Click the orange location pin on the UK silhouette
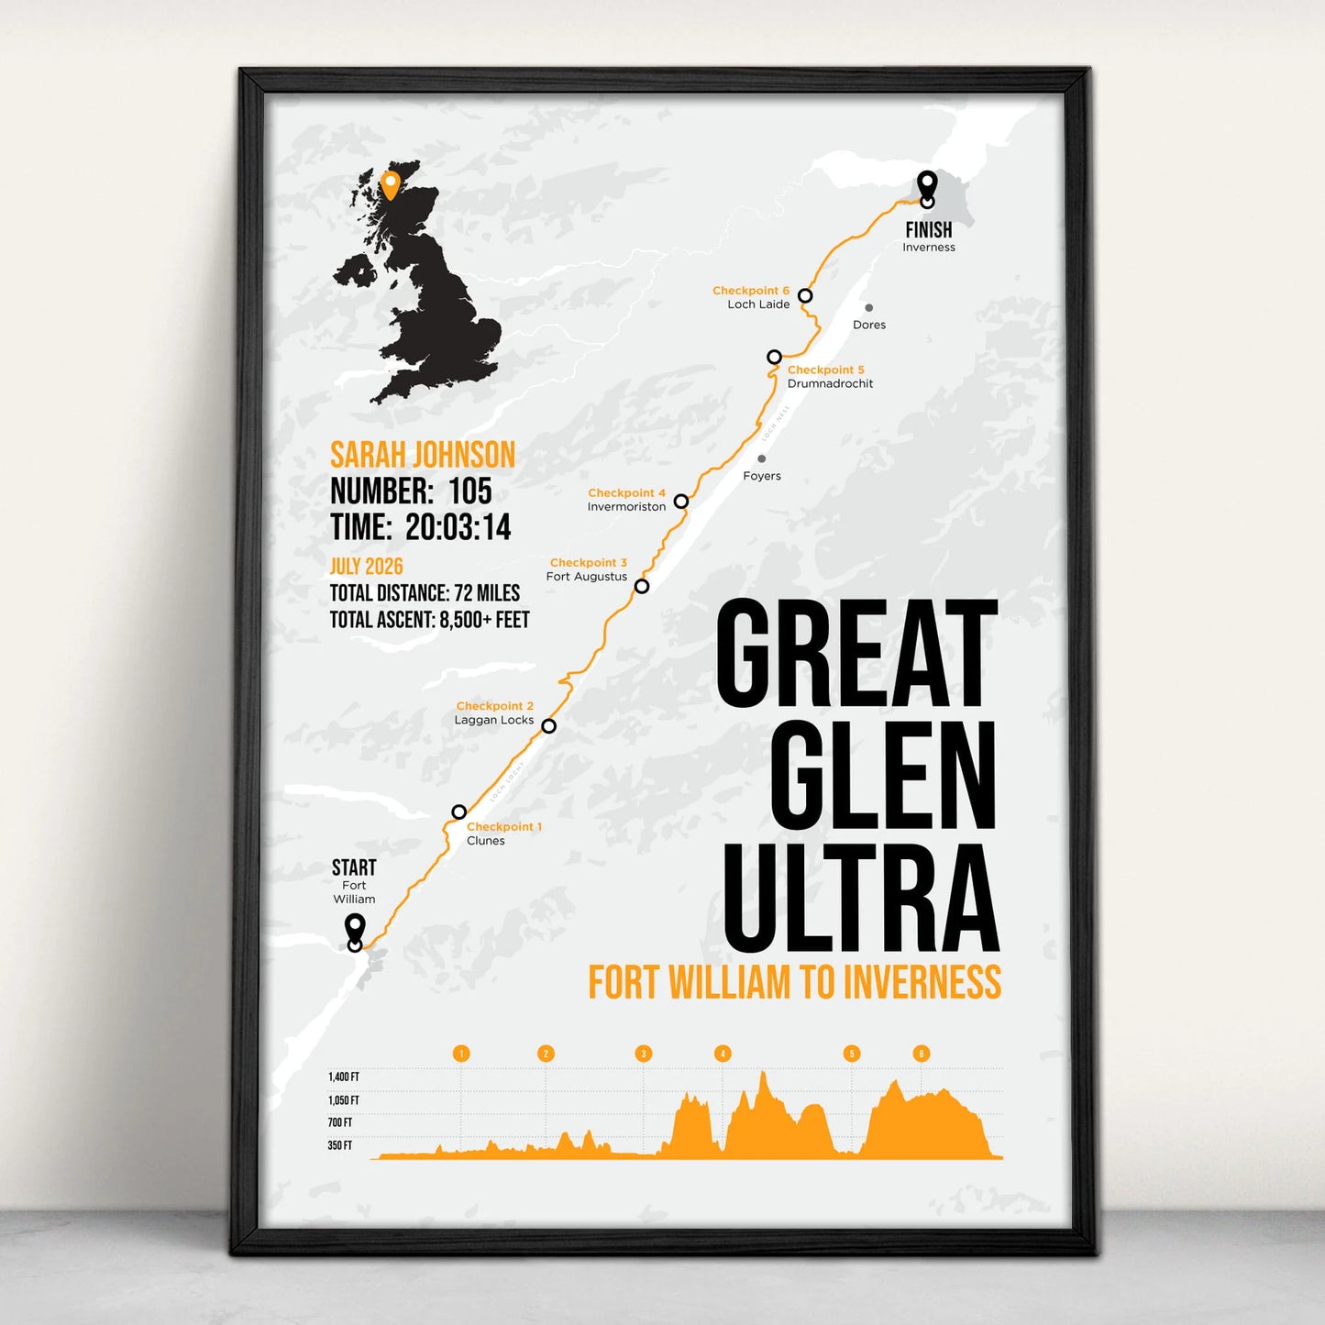tap(390, 183)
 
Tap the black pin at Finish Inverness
tap(927, 186)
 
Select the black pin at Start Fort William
tap(355, 930)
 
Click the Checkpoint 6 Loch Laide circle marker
tap(805, 295)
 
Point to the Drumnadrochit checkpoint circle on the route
tap(775, 357)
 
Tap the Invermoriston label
tap(626, 507)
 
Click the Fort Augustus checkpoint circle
tap(642, 586)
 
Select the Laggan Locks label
tap(493, 721)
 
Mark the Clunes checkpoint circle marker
tap(459, 812)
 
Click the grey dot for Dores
tap(868, 308)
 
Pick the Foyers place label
tap(762, 476)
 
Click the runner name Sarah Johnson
tap(422, 455)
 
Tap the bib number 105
tap(470, 491)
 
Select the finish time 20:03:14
tap(458, 528)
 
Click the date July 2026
tap(366, 567)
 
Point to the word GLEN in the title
tap(882, 775)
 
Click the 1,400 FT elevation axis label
tap(344, 1077)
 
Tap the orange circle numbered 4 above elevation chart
tap(723, 1054)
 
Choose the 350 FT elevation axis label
tap(340, 1145)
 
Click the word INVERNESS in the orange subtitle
tap(922, 983)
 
